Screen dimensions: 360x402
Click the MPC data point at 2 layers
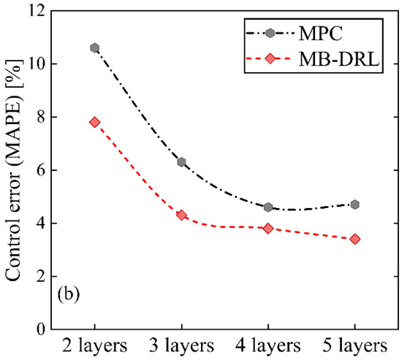click(94, 48)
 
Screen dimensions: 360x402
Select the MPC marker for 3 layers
click(181, 162)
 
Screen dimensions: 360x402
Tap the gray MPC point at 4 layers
click(268, 207)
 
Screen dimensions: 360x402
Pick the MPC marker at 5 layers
click(355, 204)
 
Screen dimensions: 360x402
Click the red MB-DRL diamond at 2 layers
click(94, 122)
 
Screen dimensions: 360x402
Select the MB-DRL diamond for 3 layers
click(181, 215)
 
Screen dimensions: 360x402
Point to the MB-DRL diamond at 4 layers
click(268, 229)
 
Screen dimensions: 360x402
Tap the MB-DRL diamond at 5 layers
click(355, 239)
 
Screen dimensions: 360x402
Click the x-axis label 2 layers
click(94, 345)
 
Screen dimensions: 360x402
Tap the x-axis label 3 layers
click(181, 345)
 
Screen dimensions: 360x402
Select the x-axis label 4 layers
click(268, 345)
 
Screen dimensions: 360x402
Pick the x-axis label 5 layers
click(355, 345)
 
